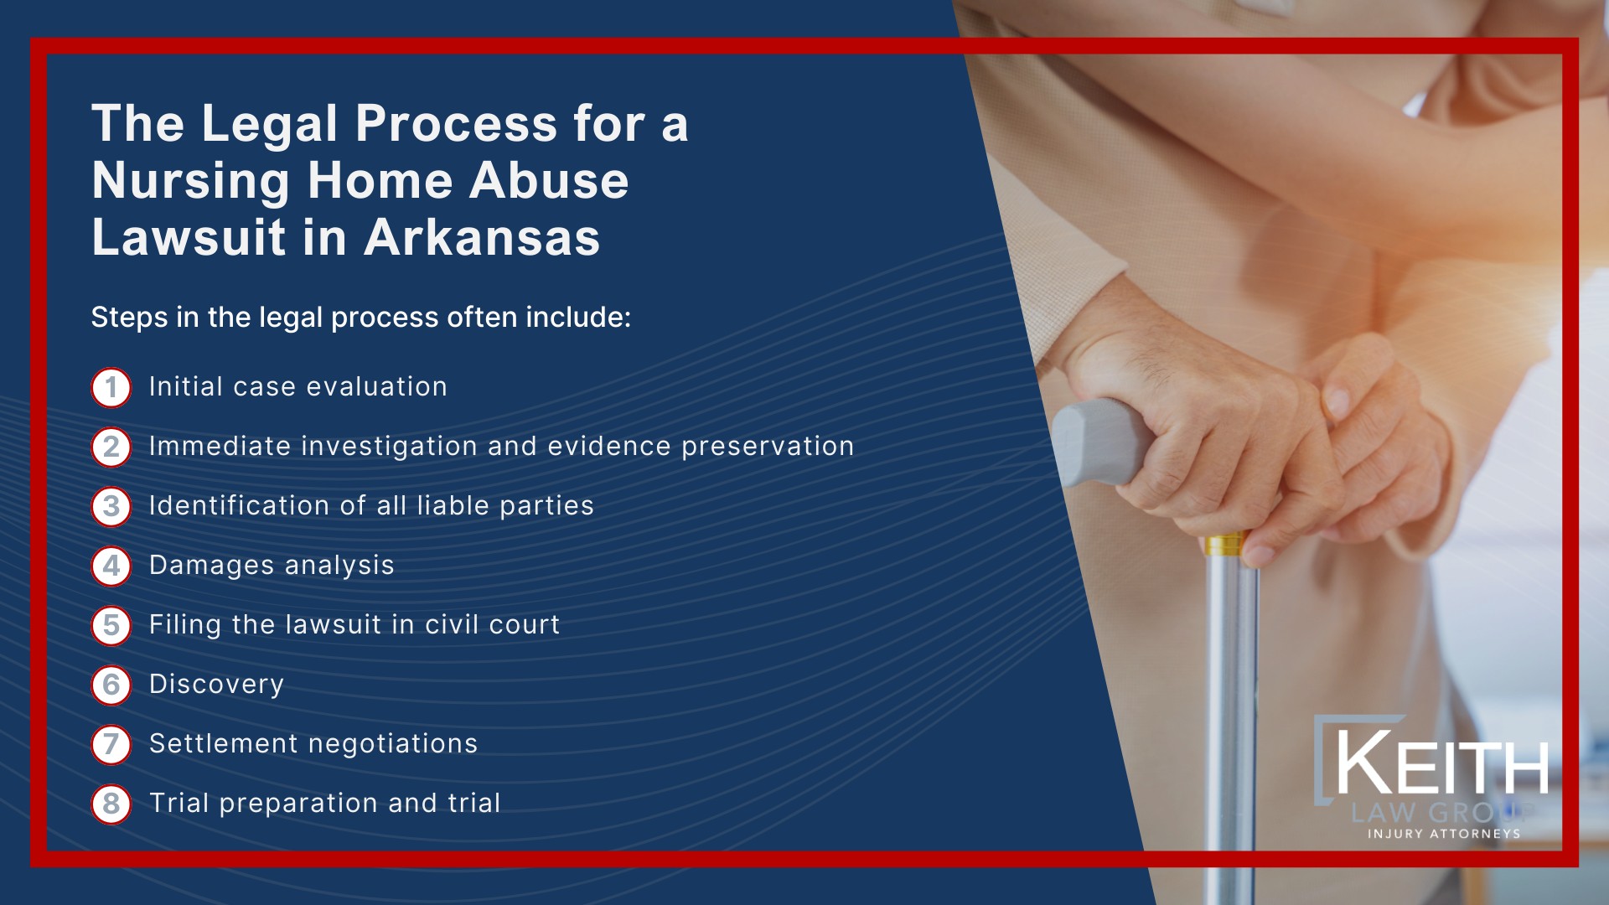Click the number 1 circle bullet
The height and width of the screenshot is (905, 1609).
coord(111,388)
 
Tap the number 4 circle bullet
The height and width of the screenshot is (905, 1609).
coord(111,566)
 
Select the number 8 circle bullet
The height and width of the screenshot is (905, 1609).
coord(111,804)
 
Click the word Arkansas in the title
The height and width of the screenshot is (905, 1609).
coord(482,237)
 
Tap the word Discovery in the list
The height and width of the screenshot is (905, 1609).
coord(216,685)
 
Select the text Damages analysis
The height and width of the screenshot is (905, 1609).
coord(272,566)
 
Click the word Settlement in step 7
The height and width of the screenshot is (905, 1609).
coord(223,743)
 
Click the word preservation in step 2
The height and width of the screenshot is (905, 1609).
coord(768,447)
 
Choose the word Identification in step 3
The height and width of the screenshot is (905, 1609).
coord(239,505)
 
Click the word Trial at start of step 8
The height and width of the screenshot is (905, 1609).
coord(178,803)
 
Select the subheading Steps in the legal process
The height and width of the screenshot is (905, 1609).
coord(360,318)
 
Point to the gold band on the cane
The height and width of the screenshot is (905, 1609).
coord(1225,546)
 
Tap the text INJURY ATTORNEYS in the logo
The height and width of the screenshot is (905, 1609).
coord(1443,834)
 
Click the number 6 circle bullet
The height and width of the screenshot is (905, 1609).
coord(111,685)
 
